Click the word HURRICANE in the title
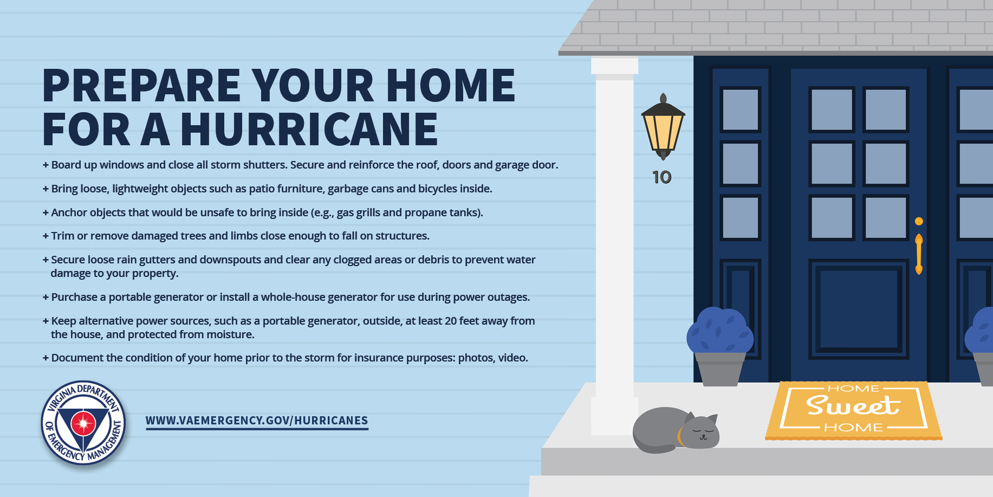click(309, 130)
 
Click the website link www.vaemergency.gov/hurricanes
click(257, 421)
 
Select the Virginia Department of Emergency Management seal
click(83, 423)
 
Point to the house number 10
click(662, 177)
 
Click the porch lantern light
click(663, 127)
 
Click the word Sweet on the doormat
click(853, 405)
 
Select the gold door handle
click(919, 254)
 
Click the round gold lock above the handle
click(919, 221)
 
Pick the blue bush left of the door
click(720, 330)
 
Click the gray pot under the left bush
click(720, 369)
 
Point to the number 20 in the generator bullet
click(451, 321)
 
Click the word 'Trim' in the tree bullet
click(62, 236)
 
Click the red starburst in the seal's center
click(83, 423)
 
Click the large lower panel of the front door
click(859, 309)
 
